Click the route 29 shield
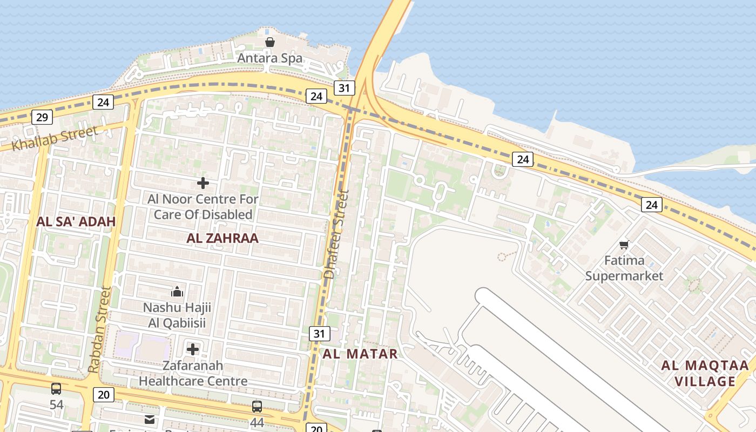[x=42, y=117]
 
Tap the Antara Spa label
[x=269, y=58]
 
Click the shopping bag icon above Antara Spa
[x=269, y=42]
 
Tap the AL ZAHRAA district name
[x=222, y=238]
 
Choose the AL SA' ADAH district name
[x=76, y=221]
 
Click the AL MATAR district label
[x=360, y=354]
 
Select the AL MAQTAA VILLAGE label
[x=705, y=373]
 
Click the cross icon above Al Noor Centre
[x=203, y=183]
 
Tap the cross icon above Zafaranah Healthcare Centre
[x=193, y=349]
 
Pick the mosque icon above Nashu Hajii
[x=177, y=292]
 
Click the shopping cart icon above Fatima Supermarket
[x=624, y=245]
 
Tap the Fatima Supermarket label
[x=624, y=268]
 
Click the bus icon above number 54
[x=56, y=389]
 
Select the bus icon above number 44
[x=257, y=407]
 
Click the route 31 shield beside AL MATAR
[x=319, y=334]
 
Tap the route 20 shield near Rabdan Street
[x=104, y=395]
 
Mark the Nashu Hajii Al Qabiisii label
[x=177, y=315]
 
